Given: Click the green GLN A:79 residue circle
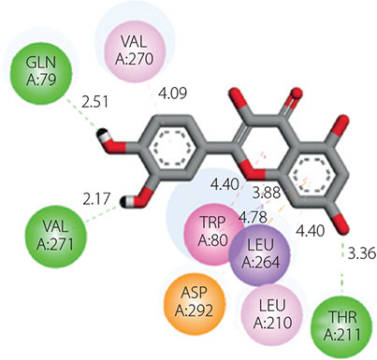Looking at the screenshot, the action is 41,71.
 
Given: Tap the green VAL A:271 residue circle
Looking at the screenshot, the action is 56,235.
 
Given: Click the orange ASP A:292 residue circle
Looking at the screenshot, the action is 195,301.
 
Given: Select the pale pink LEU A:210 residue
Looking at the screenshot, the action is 272,315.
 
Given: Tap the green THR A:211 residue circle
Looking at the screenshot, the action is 342,326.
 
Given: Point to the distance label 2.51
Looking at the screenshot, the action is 94,102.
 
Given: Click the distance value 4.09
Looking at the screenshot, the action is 173,93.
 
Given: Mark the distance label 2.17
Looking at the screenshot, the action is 96,198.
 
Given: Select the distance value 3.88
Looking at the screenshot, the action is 266,193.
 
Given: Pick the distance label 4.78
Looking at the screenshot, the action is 253,217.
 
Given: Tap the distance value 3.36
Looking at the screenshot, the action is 362,253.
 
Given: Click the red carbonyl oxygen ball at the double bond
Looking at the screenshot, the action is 297,94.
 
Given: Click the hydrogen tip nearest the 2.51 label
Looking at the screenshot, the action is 101,133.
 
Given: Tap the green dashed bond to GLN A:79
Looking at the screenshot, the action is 82,113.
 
